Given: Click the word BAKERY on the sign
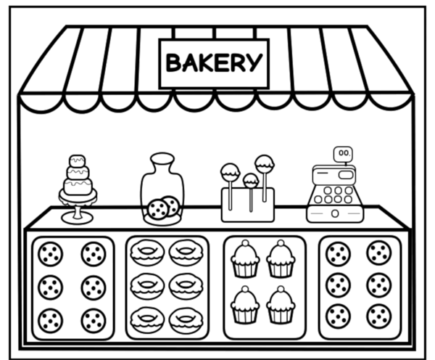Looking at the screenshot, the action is point(214,62).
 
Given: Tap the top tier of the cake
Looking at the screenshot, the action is point(78,161).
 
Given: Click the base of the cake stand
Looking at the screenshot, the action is point(78,218).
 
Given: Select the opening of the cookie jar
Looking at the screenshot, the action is point(162,158).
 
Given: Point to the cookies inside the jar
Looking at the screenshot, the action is point(163,208).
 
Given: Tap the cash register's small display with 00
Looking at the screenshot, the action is point(343,154).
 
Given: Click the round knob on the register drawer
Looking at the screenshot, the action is point(335,213).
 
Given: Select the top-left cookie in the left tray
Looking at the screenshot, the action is point(51,254).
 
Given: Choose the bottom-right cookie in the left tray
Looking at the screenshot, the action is point(94,321).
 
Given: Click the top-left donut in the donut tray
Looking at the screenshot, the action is point(147,253).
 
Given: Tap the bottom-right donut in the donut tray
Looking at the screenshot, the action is point(186,321).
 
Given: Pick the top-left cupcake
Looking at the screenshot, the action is point(245,259).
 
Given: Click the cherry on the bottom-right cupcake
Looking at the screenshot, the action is point(281,289).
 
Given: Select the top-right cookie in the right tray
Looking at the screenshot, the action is point(379,253).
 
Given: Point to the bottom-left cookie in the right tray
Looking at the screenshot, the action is point(338,316).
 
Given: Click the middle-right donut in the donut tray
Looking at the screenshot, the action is point(186,287).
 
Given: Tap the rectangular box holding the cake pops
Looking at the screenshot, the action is point(248,205).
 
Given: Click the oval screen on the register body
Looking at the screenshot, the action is point(346,175).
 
